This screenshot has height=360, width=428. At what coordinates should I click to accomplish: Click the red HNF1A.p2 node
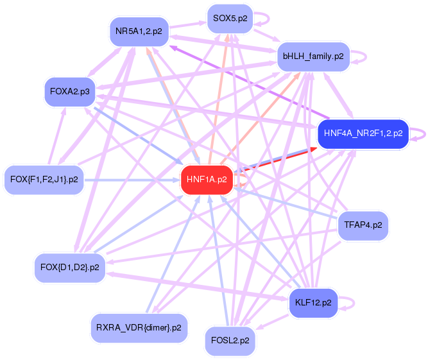tap(207, 180)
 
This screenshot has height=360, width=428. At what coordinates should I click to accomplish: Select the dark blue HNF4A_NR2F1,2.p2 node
tap(363, 133)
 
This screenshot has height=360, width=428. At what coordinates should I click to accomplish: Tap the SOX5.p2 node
tap(230, 19)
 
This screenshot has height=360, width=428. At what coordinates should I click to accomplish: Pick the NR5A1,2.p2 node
tap(139, 31)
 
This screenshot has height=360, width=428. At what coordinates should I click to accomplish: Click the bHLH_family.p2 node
tap(313, 56)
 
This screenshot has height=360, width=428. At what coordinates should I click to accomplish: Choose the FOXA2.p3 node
tap(70, 92)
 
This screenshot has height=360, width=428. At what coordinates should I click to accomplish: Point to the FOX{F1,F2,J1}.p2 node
tap(44, 180)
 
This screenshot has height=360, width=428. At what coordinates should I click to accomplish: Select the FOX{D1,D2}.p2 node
tap(70, 268)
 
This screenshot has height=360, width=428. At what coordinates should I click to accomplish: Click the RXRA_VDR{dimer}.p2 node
tap(139, 328)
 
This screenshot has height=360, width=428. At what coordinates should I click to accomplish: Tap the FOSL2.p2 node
tap(230, 341)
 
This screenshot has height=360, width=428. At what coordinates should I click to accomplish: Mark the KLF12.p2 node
tap(313, 303)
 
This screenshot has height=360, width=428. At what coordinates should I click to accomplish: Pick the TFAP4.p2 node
tap(363, 225)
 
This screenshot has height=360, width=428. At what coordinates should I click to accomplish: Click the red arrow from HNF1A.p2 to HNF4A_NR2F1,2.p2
tap(275, 160)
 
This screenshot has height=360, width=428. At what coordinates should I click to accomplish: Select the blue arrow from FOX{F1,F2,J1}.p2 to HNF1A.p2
tap(132, 180)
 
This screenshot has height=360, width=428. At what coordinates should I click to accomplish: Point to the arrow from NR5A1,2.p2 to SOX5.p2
tap(188, 24)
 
